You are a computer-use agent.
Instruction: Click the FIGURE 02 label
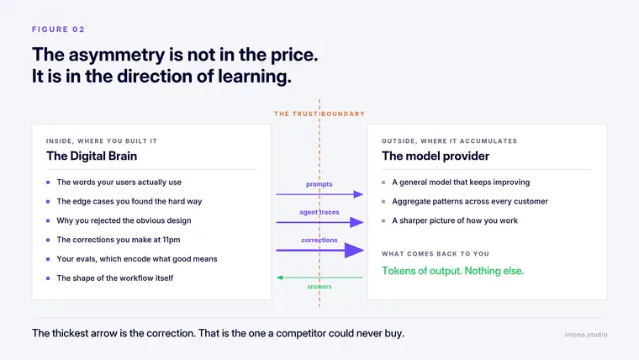click(x=58, y=29)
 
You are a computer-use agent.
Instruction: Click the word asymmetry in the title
click(x=117, y=55)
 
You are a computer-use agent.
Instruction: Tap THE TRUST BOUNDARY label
click(x=319, y=114)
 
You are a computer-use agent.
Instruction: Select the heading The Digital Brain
click(x=92, y=156)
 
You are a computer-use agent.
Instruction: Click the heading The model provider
click(x=436, y=156)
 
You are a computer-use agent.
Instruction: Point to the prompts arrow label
click(x=319, y=184)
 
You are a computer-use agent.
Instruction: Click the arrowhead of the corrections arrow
click(x=354, y=251)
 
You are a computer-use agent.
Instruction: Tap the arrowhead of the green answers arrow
click(x=279, y=278)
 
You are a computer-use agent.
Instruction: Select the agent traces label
click(x=319, y=212)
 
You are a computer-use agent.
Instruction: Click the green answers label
click(x=319, y=287)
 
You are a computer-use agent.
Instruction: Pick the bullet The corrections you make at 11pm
click(x=119, y=240)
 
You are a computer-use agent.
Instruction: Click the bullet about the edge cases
click(x=129, y=201)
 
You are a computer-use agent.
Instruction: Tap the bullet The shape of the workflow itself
click(x=115, y=278)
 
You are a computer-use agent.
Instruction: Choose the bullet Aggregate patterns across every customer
click(x=470, y=201)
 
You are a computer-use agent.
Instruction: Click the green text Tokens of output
click(x=421, y=271)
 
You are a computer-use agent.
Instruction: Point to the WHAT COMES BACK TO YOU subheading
click(x=436, y=253)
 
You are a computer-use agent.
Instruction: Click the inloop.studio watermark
click(x=586, y=335)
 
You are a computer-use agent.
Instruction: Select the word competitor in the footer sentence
click(x=301, y=333)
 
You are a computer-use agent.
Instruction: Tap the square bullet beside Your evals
click(x=48, y=259)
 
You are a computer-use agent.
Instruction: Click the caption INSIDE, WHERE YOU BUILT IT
click(x=102, y=141)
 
